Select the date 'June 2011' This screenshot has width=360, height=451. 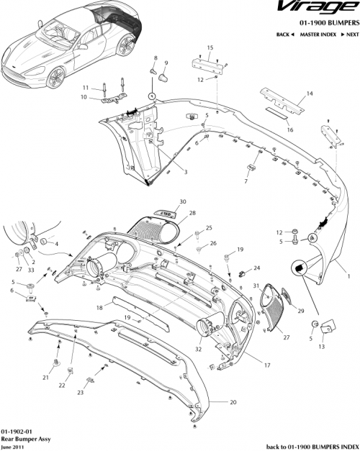(14, 445)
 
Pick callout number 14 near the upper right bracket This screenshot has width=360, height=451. (310, 94)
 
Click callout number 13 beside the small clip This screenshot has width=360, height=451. (321, 346)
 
